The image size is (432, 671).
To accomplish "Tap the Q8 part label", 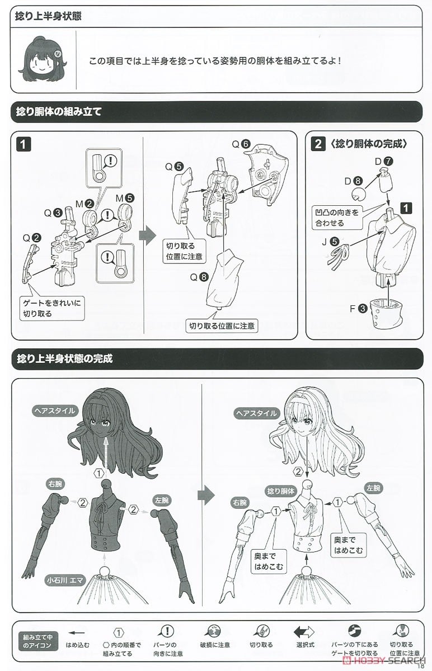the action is click(199, 277).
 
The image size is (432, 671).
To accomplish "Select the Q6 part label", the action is click(241, 144).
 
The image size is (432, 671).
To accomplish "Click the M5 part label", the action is click(125, 198).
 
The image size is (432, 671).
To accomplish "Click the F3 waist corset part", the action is click(388, 316).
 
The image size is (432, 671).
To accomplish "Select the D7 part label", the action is click(384, 162).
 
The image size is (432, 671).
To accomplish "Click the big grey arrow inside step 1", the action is click(148, 234).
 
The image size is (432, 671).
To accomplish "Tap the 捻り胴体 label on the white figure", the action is click(280, 491).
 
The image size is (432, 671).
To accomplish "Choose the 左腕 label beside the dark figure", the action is click(162, 500).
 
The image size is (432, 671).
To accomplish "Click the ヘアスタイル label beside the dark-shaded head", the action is click(54, 410).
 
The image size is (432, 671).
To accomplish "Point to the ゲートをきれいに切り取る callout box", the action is click(52, 308).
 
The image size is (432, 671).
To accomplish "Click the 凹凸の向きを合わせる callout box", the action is click(337, 218).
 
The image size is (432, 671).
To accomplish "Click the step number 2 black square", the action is click(318, 144).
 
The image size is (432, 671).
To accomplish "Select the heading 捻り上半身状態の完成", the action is click(65, 358).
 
